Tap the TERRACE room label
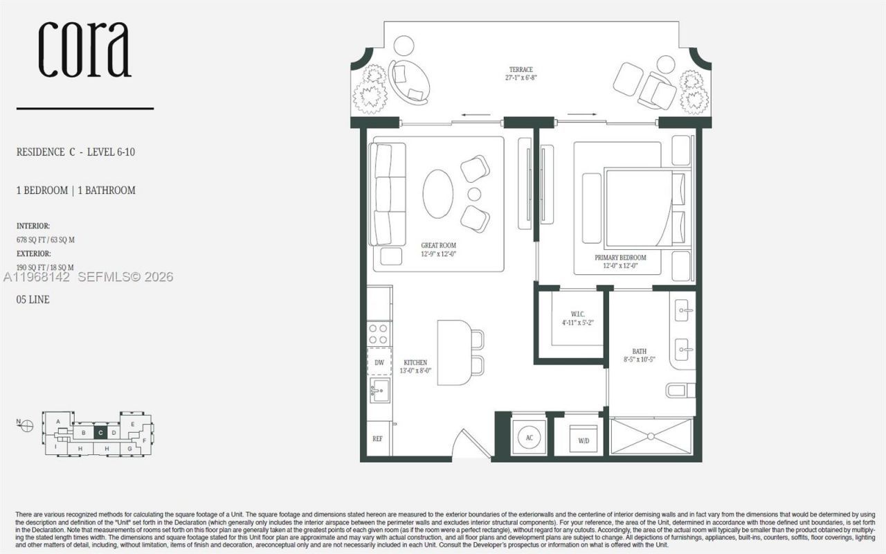[x=521, y=73]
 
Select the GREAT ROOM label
[x=438, y=249]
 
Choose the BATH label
[x=639, y=355]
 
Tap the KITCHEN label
[x=415, y=366]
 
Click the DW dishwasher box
[x=379, y=362]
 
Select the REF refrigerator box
[x=377, y=438]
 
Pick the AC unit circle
[x=528, y=438]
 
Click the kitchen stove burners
[x=379, y=334]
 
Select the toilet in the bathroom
[x=680, y=391]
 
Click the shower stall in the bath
[x=651, y=436]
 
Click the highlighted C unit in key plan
[x=101, y=433]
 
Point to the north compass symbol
[x=27, y=425]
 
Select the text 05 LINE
[x=33, y=300]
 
